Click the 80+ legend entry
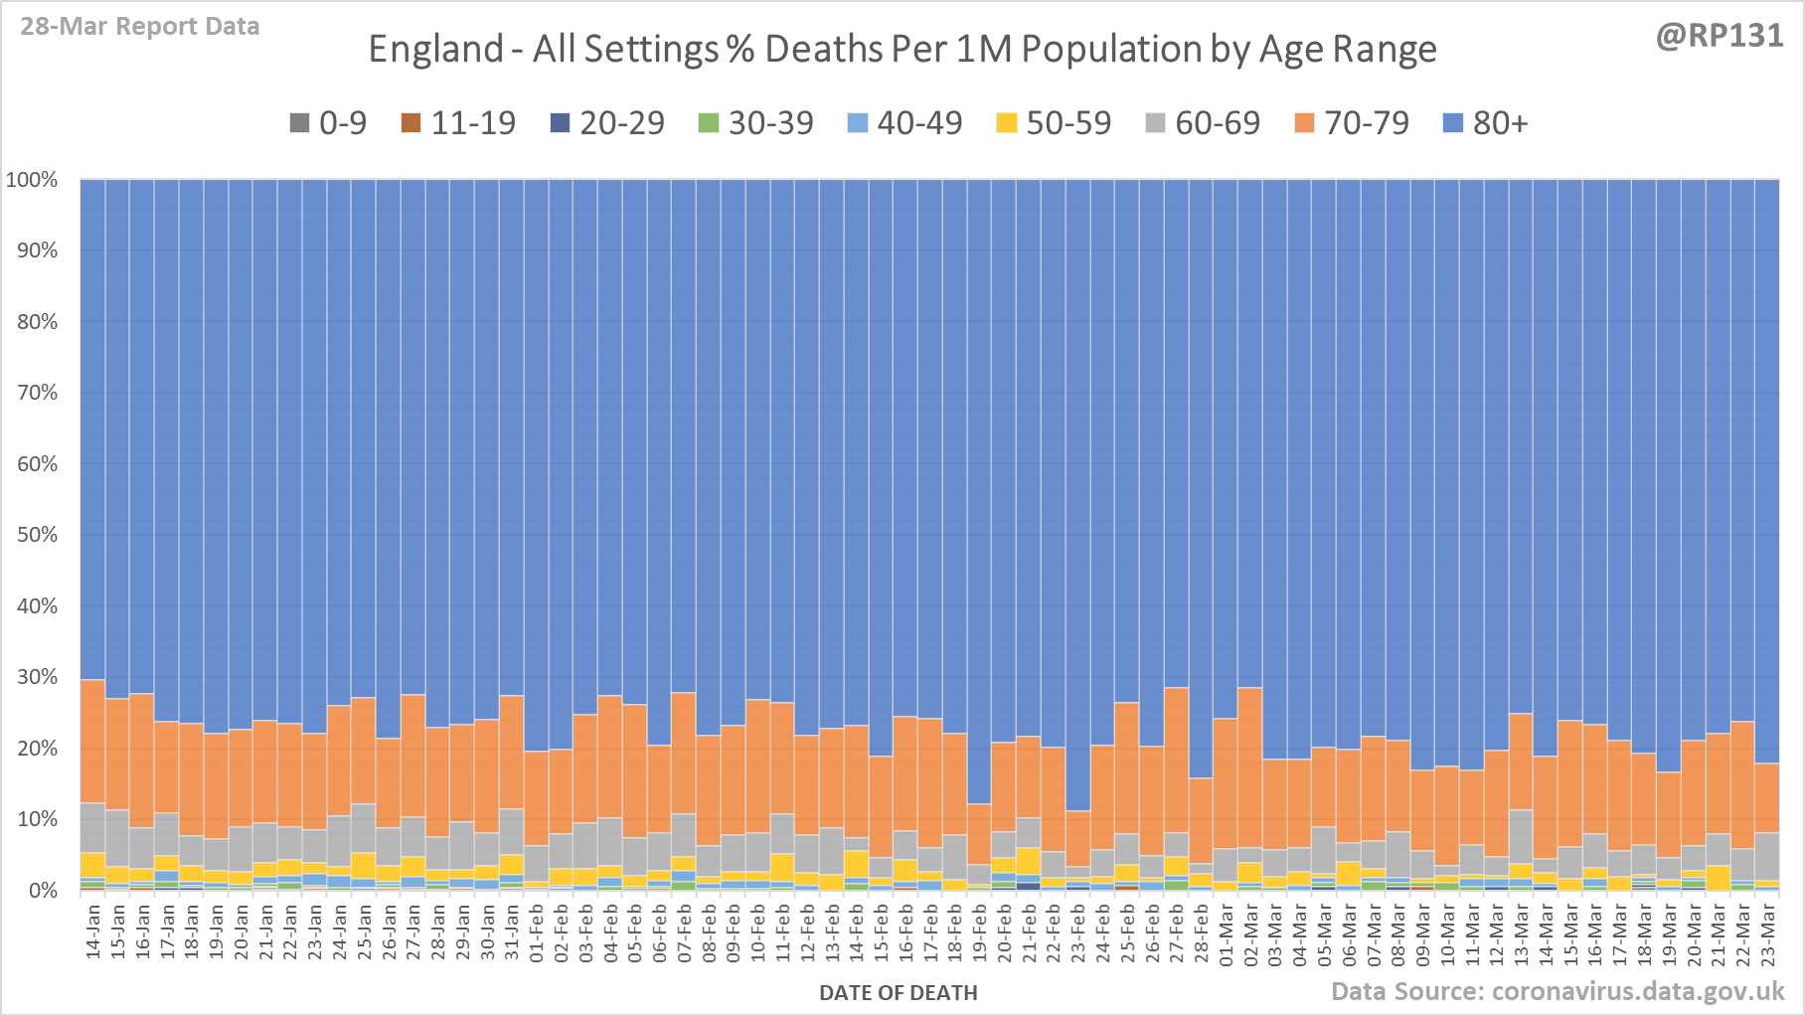click(1485, 123)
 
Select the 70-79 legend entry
click(1352, 123)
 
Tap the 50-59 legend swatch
click(1007, 123)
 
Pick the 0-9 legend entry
click(328, 123)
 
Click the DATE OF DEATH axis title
click(898, 993)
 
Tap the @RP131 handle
click(1719, 36)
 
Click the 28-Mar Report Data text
click(140, 27)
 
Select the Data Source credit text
click(1558, 991)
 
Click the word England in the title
click(435, 49)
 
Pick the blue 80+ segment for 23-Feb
click(1077, 497)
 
